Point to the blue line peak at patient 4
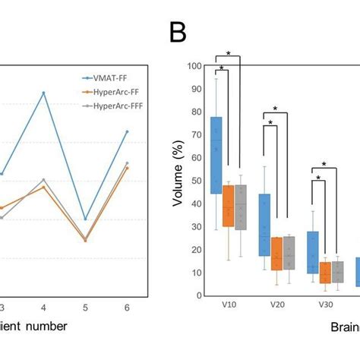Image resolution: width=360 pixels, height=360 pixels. pos(43,93)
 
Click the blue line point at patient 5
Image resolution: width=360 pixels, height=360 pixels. pos(85,219)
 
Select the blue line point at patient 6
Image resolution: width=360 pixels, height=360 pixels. pos(127,131)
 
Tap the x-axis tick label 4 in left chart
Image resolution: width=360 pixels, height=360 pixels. pos(43,307)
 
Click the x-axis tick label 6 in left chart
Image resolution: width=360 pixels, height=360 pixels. pos(127,307)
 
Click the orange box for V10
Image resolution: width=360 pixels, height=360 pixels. pos(228,205)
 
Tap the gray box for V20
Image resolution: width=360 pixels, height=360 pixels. pos(289,253)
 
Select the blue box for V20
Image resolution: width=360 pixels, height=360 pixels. pos(265,225)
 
